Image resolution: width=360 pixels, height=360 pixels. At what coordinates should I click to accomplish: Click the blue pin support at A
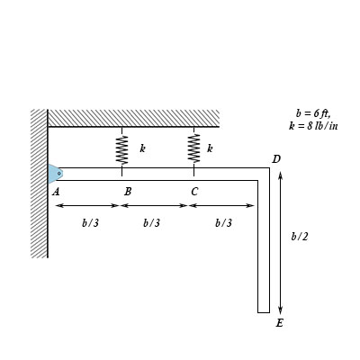(x=55, y=174)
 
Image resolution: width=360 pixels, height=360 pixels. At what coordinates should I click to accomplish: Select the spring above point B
(x=122, y=150)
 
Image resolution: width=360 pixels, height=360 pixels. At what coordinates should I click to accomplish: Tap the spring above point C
(x=193, y=148)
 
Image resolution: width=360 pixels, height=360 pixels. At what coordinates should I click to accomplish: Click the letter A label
(x=56, y=191)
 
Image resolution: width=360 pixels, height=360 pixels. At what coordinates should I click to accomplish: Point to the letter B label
(x=128, y=191)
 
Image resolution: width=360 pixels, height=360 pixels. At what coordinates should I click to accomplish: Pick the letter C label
(x=194, y=191)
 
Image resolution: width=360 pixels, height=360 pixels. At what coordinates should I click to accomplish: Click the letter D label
(x=276, y=159)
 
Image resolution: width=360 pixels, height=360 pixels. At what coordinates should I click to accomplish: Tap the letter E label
(x=280, y=323)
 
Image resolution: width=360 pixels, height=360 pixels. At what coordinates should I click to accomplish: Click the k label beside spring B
(x=143, y=148)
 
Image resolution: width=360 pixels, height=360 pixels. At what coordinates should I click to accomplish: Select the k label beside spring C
(x=210, y=148)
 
